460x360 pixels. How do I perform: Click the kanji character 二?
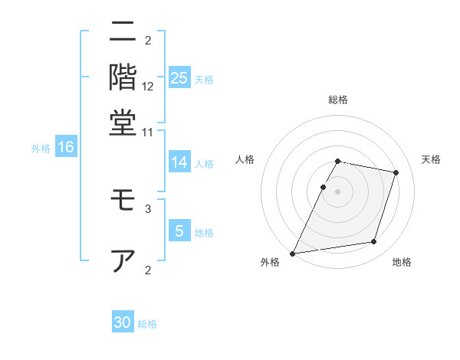pos(123,32)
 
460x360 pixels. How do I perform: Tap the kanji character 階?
pos(123,78)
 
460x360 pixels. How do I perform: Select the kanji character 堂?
pos(123,123)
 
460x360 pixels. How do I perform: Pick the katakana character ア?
pos(123,260)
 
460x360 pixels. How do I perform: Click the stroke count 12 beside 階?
pos(148,87)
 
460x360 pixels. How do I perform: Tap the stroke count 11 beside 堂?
pos(148,132)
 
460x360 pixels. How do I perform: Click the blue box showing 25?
pos(179,77)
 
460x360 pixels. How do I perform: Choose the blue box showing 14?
pos(179,162)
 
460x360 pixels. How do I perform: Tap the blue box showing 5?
pos(179,231)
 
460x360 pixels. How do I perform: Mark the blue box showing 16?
pos(66,147)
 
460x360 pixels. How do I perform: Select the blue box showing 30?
pos(123,322)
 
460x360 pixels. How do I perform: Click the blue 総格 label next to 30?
pos(148,324)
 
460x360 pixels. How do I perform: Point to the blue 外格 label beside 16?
pos(41,149)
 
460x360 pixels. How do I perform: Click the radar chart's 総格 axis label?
pos(337,100)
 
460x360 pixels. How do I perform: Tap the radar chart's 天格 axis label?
pos(431,159)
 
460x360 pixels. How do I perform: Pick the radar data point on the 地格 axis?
pos(374,242)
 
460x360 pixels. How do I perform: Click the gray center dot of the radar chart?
pos(337,191)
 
